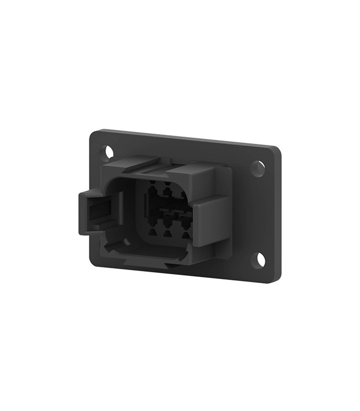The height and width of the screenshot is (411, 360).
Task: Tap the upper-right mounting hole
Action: tap(258, 168)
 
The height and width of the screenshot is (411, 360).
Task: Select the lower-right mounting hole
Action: tap(259, 259)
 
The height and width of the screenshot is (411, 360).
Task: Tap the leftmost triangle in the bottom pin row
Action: tap(153, 234)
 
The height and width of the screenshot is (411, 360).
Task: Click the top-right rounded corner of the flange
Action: tap(276, 151)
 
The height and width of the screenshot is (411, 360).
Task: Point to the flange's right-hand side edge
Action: tap(280, 216)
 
